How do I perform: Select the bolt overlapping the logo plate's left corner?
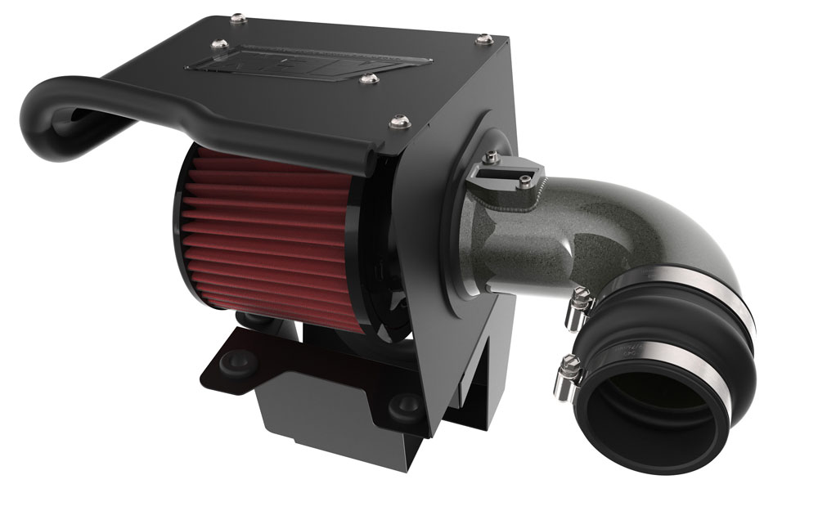219,45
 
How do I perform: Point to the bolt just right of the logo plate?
369,79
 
